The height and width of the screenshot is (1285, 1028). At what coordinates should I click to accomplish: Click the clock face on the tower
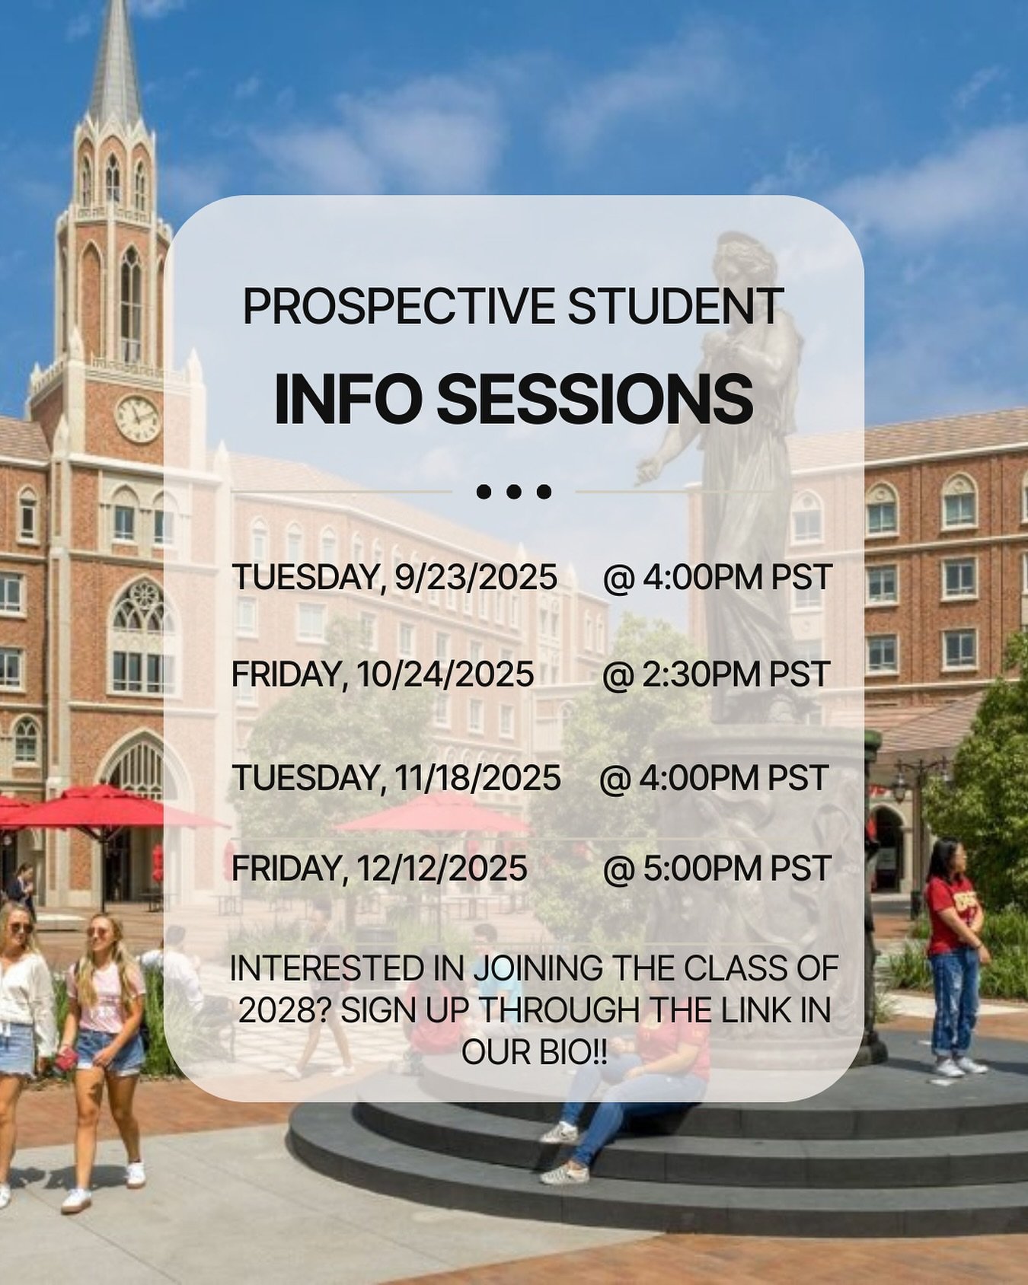138,419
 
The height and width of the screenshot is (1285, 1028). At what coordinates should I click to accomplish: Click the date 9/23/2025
476,577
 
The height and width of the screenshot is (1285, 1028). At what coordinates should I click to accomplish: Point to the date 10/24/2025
445,674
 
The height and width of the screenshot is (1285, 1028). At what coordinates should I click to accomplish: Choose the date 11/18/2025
477,778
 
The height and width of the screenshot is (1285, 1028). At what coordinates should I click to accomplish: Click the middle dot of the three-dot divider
513,492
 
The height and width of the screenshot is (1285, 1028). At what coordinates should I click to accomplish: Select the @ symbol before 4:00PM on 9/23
618,578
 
